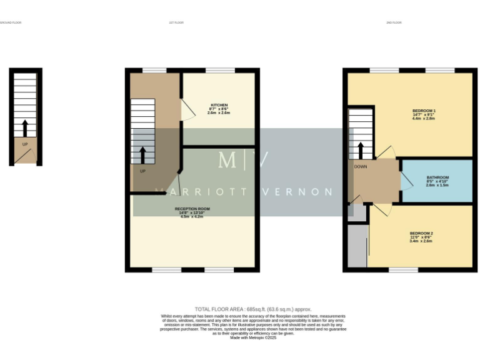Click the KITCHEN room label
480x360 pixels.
[x=219, y=105]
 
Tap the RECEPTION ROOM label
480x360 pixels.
[x=192, y=209]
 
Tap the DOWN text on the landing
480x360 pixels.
[x=361, y=167]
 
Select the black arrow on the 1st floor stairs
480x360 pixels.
[x=142, y=154]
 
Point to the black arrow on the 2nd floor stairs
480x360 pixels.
[x=361, y=150]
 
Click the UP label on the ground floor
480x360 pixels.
[x=25, y=144]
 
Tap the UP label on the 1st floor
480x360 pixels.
[x=142, y=171]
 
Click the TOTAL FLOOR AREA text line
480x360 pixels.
[x=252, y=309]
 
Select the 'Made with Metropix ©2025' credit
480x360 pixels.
[x=252, y=337]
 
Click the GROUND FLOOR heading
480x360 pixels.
[x=10, y=22]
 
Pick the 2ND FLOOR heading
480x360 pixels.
[x=394, y=22]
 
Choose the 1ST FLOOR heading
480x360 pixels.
[x=176, y=22]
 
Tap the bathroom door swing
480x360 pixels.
[x=406, y=181]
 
